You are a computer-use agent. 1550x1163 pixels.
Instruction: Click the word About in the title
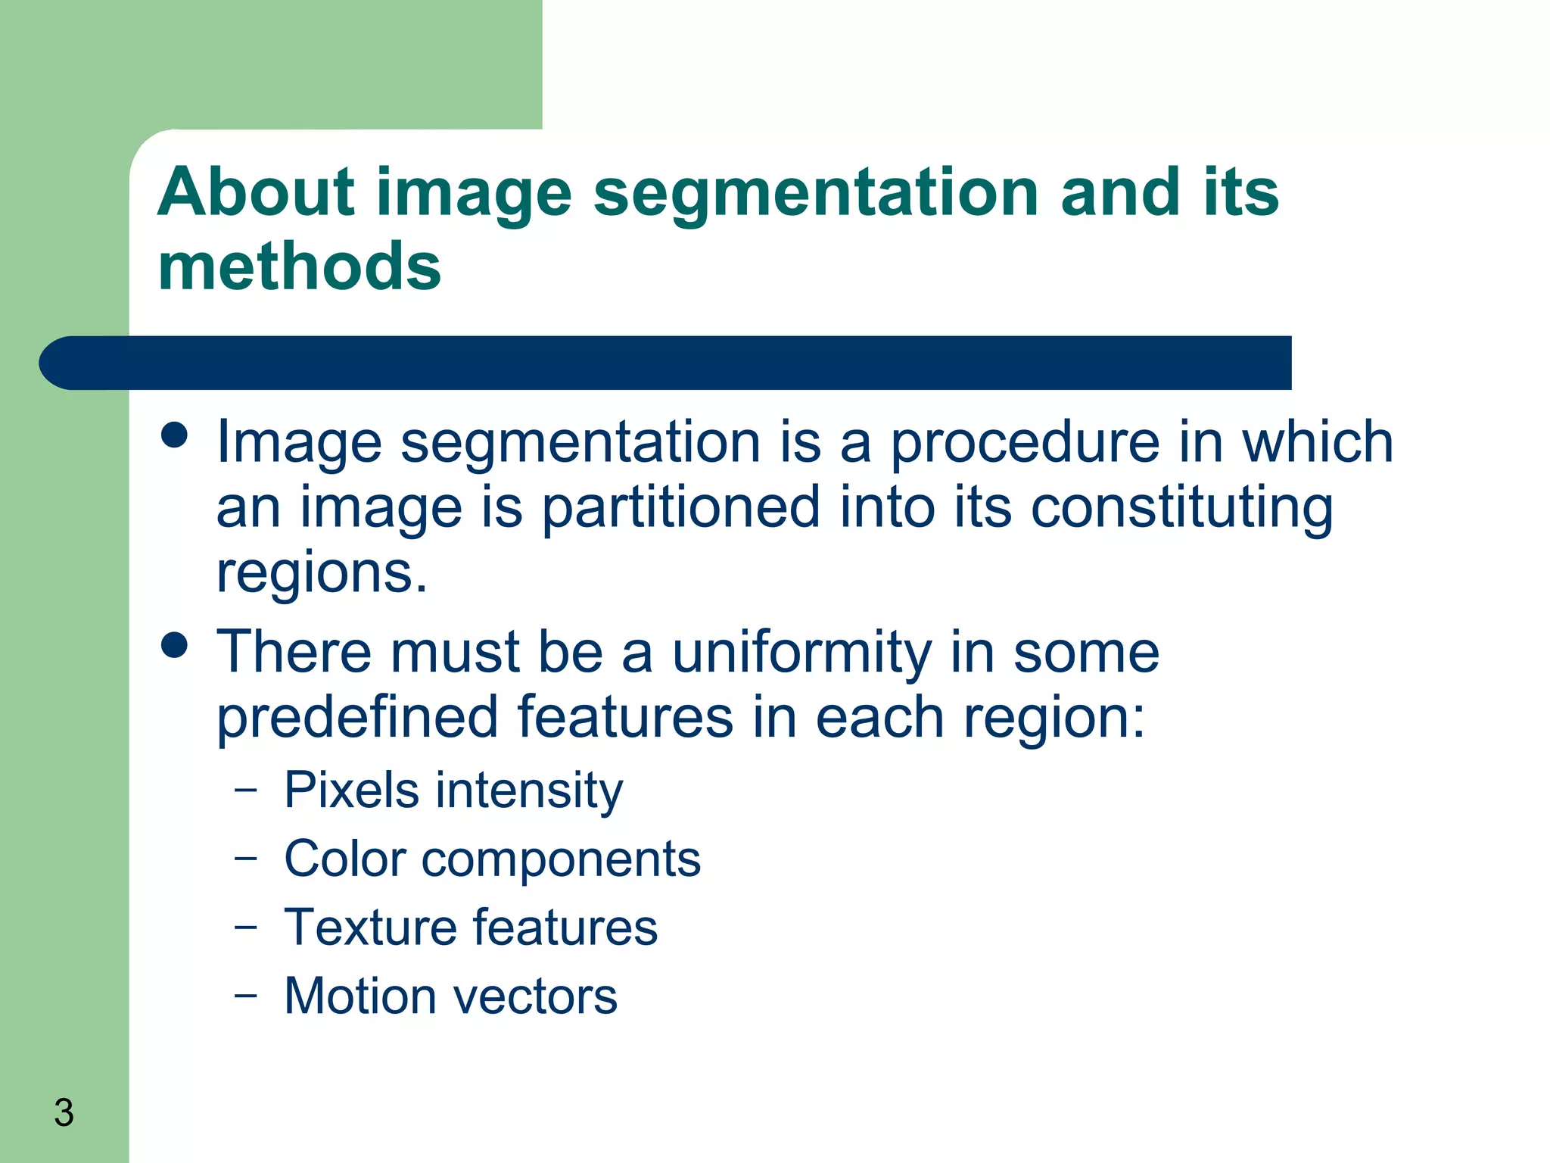point(256,192)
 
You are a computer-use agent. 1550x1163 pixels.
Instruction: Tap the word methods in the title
point(299,267)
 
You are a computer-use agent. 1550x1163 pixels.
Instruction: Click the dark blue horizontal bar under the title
point(666,363)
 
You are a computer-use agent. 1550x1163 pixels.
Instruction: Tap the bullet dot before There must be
point(175,645)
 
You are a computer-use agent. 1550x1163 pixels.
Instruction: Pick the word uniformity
point(801,652)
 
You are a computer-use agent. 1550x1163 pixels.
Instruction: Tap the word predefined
point(357,717)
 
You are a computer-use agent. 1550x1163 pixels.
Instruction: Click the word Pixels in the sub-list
point(351,790)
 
